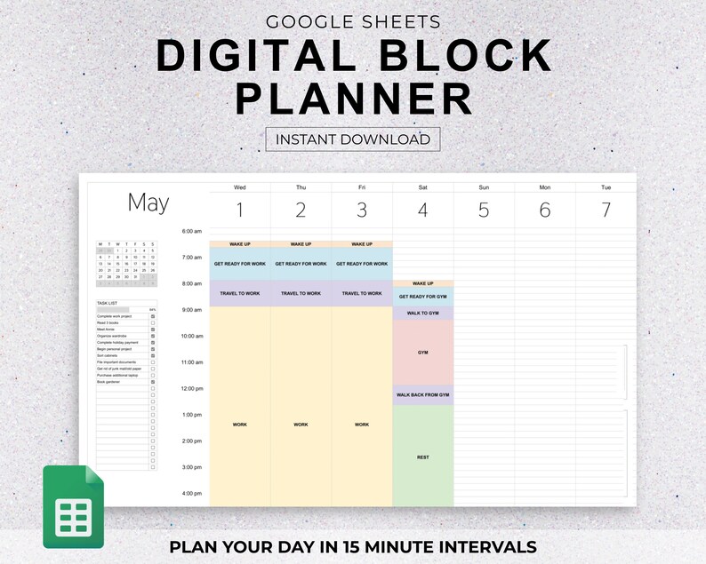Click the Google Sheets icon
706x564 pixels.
click(74, 506)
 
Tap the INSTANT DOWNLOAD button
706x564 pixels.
click(353, 139)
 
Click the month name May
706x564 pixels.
click(148, 203)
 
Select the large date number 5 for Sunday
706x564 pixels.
click(484, 211)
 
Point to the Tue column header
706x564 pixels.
click(606, 187)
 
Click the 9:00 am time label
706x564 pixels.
click(192, 310)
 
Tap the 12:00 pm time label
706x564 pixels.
click(192, 389)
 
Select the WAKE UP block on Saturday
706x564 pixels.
click(423, 283)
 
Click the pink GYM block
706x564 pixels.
click(423, 353)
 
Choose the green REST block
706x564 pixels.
click(423, 457)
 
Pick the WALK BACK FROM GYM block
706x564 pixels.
click(423, 395)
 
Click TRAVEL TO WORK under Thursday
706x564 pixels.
click(301, 293)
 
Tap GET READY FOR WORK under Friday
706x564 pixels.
click(362, 264)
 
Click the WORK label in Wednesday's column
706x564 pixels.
click(240, 425)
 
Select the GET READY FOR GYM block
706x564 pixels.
click(423, 297)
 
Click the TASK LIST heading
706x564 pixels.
click(107, 303)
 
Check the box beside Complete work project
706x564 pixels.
click(153, 316)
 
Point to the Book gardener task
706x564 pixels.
click(109, 382)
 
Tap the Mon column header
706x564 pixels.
click(544, 187)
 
